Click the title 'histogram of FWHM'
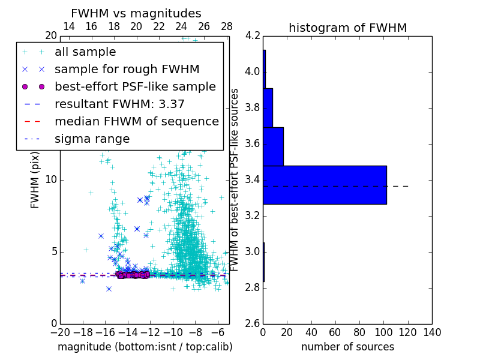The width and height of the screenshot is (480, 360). click(347, 28)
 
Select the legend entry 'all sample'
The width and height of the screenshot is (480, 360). click(85, 52)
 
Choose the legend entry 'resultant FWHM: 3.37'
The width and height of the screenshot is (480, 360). click(119, 104)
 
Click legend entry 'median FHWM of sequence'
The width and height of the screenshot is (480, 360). click(136, 122)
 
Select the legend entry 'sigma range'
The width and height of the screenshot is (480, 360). click(92, 139)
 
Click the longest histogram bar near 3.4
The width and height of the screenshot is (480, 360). click(325, 185)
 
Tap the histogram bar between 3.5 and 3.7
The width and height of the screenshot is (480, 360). click(273, 146)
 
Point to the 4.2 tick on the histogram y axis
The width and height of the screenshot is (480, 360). click(253, 36)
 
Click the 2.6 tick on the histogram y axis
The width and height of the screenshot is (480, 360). click(253, 323)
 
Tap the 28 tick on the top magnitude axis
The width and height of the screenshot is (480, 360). click(227, 26)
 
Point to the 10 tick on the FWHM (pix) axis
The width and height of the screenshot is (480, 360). click(50, 180)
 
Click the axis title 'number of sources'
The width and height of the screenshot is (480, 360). click(347, 347)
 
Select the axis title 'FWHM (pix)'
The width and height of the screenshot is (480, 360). click(35, 180)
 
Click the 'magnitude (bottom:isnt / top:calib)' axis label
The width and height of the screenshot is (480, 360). click(145, 347)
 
